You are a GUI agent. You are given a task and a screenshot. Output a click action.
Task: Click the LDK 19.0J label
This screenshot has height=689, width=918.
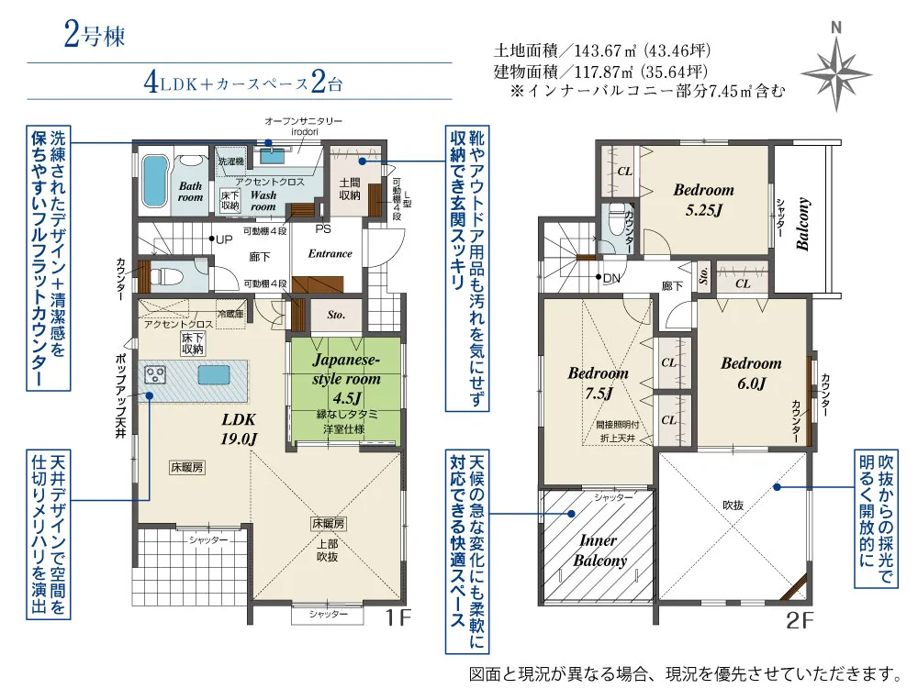coord(239,428)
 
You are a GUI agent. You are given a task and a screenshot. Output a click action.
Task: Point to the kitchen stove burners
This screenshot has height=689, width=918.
coord(155,375)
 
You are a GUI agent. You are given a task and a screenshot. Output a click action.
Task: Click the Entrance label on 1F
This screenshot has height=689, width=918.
coord(330,253)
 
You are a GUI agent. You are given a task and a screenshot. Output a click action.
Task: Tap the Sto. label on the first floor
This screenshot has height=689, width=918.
coord(335,315)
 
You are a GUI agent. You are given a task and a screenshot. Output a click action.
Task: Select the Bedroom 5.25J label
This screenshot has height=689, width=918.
coord(703,199)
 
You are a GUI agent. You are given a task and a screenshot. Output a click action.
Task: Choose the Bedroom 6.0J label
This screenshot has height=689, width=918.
coord(750,373)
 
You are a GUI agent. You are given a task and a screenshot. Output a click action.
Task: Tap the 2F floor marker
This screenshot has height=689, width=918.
coord(800,621)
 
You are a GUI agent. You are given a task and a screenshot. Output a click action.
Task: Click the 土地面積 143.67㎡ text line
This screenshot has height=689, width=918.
coord(602,50)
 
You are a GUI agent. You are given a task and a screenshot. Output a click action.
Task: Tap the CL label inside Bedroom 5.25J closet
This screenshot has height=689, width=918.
coord(623,171)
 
